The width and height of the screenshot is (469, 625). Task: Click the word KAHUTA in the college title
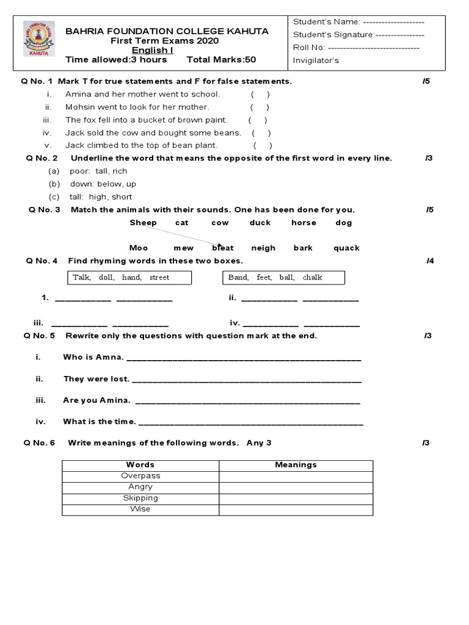pos(246,31)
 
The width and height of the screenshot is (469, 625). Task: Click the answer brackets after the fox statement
pos(257,120)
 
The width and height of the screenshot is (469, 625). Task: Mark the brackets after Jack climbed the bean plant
pos(263,145)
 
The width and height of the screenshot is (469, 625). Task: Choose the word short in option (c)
pos(122,197)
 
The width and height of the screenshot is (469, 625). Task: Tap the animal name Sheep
pos(143,223)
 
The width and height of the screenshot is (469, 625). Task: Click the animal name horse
pos(304,223)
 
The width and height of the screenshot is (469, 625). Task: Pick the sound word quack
pos(346,248)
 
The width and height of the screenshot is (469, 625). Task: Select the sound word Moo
pos(139,248)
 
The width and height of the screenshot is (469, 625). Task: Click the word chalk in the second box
pos(312,278)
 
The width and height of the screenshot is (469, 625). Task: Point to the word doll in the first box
pos(106,278)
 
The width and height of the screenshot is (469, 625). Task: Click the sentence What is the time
pos(100,421)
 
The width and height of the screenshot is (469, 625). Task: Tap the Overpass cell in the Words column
pos(140,475)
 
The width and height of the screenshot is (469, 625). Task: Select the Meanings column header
pos(296,464)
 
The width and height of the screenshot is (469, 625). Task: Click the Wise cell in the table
pos(140,509)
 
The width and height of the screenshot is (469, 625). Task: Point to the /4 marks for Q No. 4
pos(430,261)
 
